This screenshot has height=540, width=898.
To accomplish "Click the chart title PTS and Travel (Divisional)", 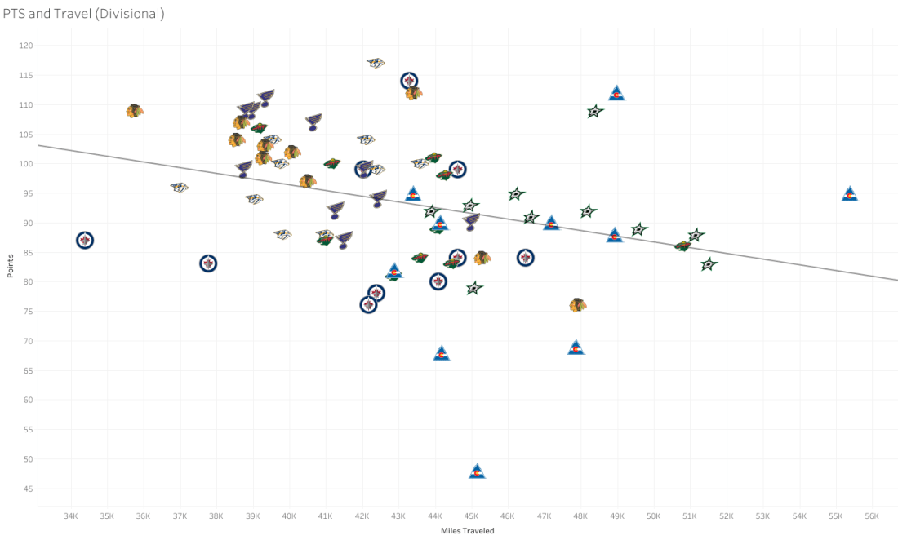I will [x=83, y=15].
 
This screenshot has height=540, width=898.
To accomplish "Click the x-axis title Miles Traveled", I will [x=466, y=531].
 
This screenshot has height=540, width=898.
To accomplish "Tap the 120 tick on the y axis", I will [x=25, y=46].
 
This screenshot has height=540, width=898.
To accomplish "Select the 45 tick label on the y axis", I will [x=27, y=489].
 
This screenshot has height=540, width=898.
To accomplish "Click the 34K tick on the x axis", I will [x=70, y=516].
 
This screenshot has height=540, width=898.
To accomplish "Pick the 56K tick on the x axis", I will [x=872, y=516].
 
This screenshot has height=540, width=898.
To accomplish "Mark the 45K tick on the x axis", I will [x=471, y=516].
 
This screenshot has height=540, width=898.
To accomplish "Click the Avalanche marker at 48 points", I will [x=477, y=471].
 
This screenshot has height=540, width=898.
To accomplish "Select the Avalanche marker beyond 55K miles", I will [x=849, y=194].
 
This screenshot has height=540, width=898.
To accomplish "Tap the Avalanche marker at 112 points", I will [x=616, y=94].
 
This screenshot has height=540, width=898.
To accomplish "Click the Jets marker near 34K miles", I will [x=85, y=240].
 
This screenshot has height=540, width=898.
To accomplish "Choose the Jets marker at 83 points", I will [x=208, y=263].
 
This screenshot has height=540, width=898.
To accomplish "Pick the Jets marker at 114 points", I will [x=409, y=81].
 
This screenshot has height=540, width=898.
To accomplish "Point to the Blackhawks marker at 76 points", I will [x=578, y=305].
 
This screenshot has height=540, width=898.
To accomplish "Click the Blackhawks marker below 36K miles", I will [x=135, y=110].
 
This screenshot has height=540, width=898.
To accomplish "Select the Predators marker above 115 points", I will [x=376, y=63].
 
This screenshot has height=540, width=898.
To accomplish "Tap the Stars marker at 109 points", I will [x=595, y=112].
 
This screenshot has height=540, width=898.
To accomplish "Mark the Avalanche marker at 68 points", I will [x=441, y=353].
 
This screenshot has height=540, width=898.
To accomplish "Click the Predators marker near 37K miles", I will [x=180, y=188].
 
